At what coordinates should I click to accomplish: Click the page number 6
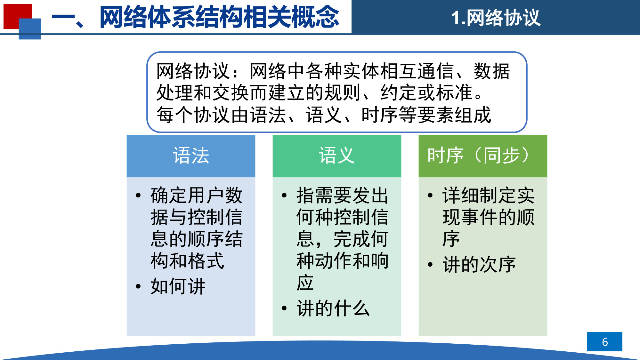(605, 342)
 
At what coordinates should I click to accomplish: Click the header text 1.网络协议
(496, 18)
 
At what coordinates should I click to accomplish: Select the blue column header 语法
(191, 156)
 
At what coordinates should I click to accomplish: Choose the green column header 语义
(337, 156)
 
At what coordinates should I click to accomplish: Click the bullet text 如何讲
(178, 286)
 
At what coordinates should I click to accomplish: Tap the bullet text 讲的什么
(333, 308)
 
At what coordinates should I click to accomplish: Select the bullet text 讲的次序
(479, 265)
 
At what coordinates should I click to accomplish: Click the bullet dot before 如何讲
(138, 286)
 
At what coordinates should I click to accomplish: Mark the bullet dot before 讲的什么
(284, 308)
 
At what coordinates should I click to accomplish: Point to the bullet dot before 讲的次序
(430, 265)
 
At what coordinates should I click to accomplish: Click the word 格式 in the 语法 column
(206, 261)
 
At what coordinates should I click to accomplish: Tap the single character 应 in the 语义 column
(305, 283)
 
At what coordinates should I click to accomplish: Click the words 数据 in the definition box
(492, 71)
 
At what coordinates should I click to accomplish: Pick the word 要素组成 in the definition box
(454, 115)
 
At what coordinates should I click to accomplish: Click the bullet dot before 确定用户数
(138, 196)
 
